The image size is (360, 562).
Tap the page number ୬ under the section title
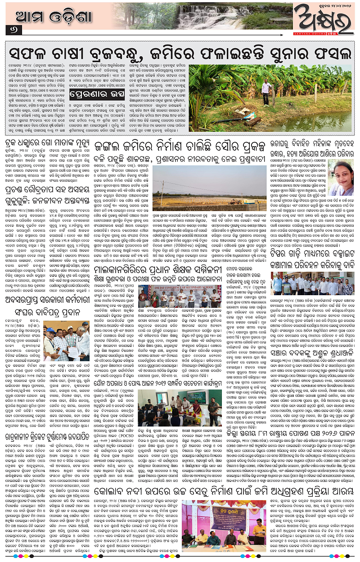point(9,30)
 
